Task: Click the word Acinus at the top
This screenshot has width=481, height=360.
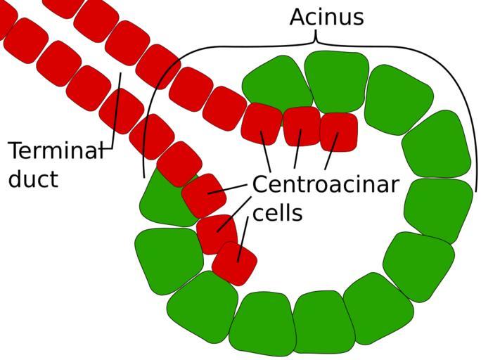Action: coord(326,17)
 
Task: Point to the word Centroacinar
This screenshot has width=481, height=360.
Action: coord(325,185)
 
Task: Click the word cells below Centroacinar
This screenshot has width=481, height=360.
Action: coord(277,212)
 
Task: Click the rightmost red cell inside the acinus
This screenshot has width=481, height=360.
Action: coord(339,131)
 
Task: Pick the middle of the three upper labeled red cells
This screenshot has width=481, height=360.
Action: coord(302,126)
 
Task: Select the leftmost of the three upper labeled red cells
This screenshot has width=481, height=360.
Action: coord(262,123)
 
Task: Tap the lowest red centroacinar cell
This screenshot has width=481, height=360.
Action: coord(234,263)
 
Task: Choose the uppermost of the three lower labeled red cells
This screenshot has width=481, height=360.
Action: coord(204,195)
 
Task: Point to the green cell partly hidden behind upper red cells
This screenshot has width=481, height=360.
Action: coord(276,82)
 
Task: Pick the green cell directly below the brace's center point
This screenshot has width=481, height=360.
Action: coord(336,81)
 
